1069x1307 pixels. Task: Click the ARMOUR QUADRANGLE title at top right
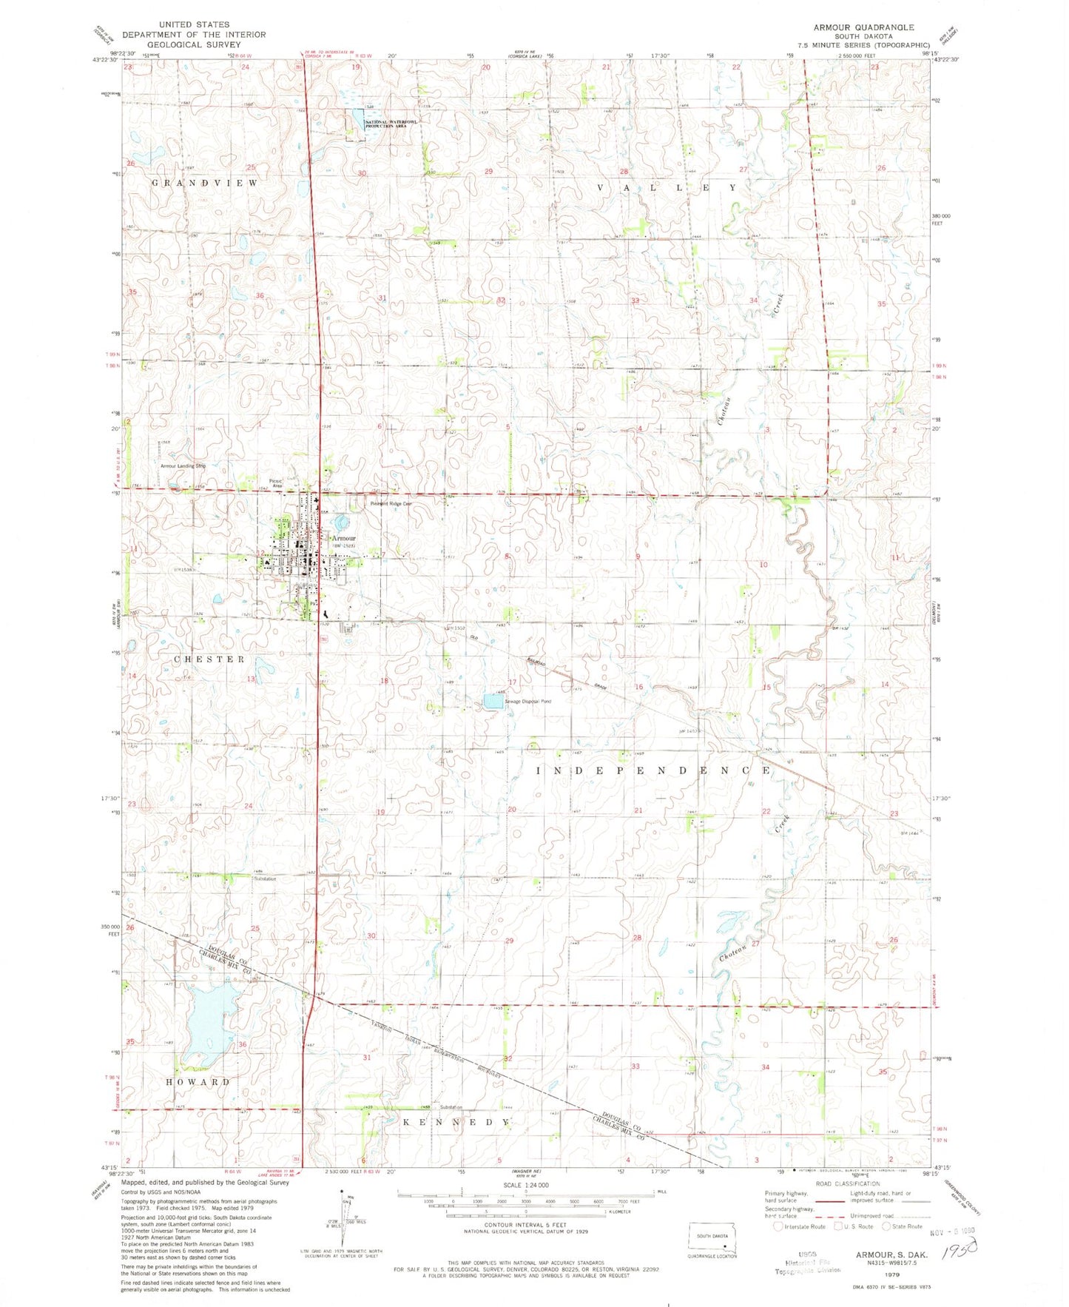pos(863,27)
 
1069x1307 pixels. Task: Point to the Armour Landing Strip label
pos(183,466)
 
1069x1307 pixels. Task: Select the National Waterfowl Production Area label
pos(385,124)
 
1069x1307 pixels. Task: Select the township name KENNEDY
pos(456,1123)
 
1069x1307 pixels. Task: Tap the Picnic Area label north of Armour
pos(276,483)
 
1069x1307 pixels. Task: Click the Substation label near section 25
pos(264,879)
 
